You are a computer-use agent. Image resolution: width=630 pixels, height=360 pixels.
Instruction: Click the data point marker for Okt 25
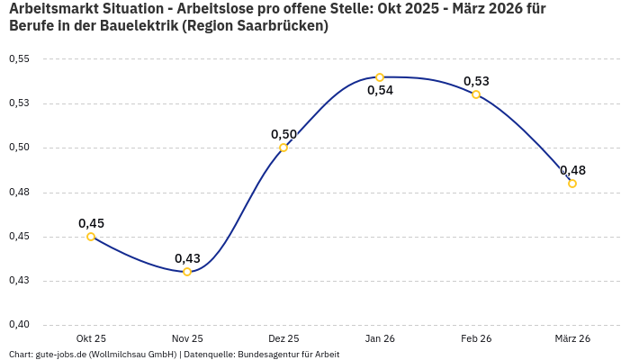pyautogui.click(x=91, y=237)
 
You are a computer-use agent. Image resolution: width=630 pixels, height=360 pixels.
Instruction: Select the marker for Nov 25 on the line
pyautogui.click(x=187, y=272)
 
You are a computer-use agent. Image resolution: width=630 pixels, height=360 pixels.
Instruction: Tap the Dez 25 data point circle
pyautogui.click(x=283, y=148)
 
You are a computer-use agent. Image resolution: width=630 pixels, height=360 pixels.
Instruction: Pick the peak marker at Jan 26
pyautogui.click(x=380, y=77)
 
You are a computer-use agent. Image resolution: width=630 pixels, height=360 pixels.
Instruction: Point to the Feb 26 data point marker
pyautogui.click(x=476, y=94)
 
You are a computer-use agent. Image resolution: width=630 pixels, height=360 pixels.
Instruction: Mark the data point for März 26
pyautogui.click(x=572, y=184)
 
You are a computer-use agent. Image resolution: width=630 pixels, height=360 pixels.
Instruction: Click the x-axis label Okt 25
pyautogui.click(x=91, y=338)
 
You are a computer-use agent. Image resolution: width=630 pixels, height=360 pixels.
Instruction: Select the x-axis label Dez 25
pyautogui.click(x=283, y=338)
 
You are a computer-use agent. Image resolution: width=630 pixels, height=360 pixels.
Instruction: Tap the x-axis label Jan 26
pyautogui.click(x=380, y=338)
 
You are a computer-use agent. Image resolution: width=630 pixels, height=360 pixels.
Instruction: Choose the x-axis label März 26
pyautogui.click(x=572, y=338)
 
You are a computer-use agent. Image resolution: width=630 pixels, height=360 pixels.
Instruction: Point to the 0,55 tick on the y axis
pyautogui.click(x=19, y=59)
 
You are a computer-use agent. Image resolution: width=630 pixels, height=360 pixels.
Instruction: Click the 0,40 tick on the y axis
pyautogui.click(x=19, y=325)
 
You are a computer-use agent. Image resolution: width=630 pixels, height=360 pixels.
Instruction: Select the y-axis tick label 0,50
pyautogui.click(x=19, y=148)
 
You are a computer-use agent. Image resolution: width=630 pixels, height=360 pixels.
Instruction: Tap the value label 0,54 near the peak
pyautogui.click(x=380, y=90)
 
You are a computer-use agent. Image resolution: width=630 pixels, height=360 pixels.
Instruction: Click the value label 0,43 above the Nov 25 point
pyautogui.click(x=187, y=258)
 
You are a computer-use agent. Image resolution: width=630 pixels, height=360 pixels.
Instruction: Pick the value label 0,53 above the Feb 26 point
pyautogui.click(x=476, y=81)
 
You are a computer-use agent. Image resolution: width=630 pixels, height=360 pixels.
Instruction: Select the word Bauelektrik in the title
pyautogui.click(x=134, y=26)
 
